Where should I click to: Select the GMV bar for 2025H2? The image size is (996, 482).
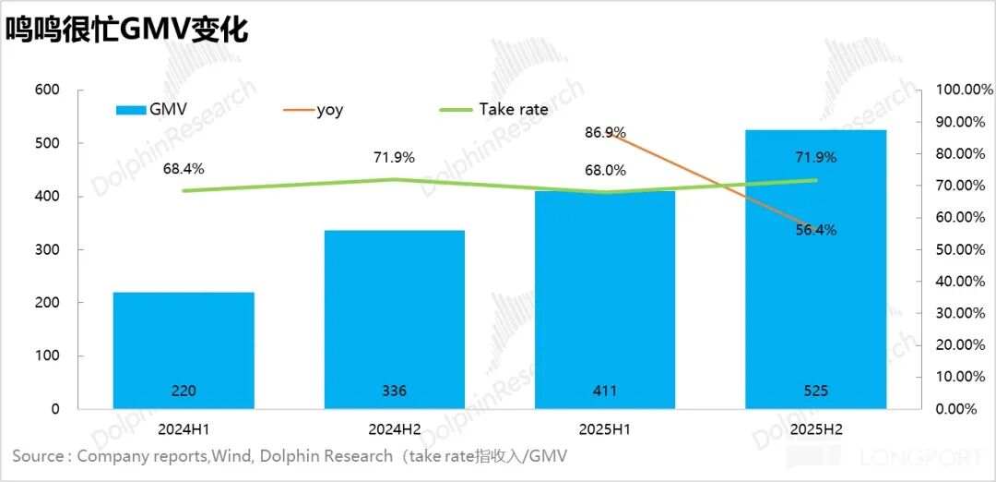[815, 277]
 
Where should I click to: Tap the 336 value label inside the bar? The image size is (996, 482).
[394, 391]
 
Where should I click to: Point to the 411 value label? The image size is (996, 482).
[605, 391]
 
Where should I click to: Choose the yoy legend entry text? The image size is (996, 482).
[329, 110]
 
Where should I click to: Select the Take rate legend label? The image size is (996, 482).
[513, 109]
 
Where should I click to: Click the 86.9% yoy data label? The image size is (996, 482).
[605, 132]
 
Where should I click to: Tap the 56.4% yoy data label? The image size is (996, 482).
[815, 230]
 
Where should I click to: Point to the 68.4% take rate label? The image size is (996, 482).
[184, 169]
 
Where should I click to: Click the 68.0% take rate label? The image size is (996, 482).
[605, 170]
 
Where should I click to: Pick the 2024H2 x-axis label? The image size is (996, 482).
[394, 429]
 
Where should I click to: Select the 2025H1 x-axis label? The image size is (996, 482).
[605, 429]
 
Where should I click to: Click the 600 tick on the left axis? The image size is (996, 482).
[47, 90]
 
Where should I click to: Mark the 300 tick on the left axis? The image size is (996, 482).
[47, 249]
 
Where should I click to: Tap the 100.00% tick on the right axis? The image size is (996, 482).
[964, 90]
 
